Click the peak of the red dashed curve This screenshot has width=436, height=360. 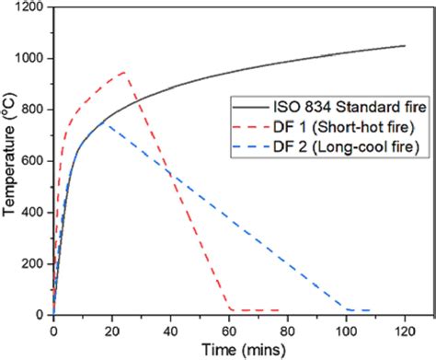[x=123, y=72]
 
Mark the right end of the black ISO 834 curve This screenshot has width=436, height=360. [x=406, y=46]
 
